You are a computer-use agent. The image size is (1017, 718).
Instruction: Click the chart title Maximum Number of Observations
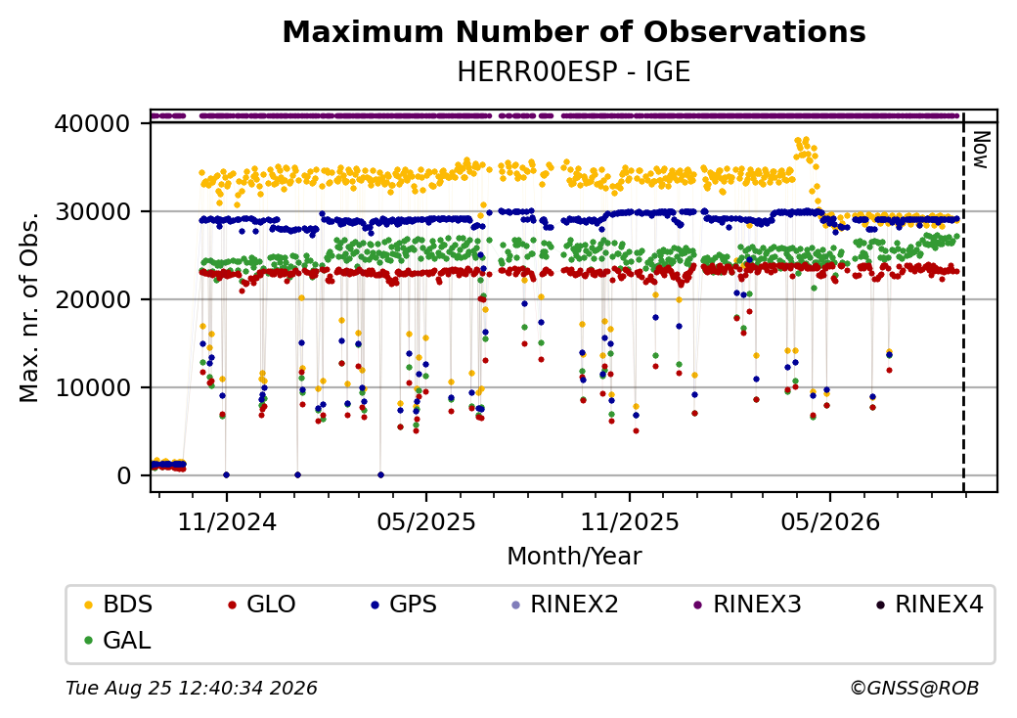coord(574,31)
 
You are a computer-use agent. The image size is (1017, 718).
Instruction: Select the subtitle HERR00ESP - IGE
coord(574,72)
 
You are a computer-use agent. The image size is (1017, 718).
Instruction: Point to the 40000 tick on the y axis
coord(93,123)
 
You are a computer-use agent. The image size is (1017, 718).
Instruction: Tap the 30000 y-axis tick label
coord(93,211)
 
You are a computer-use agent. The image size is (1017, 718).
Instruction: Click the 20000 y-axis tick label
coord(93,299)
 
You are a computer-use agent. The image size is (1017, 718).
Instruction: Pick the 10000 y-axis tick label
coord(93,388)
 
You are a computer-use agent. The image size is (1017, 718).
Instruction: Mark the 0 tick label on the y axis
coord(124,476)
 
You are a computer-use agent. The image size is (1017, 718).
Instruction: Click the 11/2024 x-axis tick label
coord(227,521)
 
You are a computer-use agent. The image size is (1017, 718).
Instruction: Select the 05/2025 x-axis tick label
coord(426,521)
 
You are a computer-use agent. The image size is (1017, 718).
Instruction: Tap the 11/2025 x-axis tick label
coord(629,521)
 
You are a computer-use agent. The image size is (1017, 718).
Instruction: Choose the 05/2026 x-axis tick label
coord(830,521)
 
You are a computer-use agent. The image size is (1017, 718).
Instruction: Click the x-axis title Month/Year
coord(574,557)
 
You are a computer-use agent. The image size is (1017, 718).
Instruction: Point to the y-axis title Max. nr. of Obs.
coord(29,306)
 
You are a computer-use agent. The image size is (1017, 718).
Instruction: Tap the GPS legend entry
coord(404,605)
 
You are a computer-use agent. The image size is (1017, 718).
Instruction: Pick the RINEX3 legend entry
coord(747,605)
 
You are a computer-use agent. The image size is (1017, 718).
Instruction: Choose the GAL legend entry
coord(117,640)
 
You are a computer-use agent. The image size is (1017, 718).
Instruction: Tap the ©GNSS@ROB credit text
coord(914,688)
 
